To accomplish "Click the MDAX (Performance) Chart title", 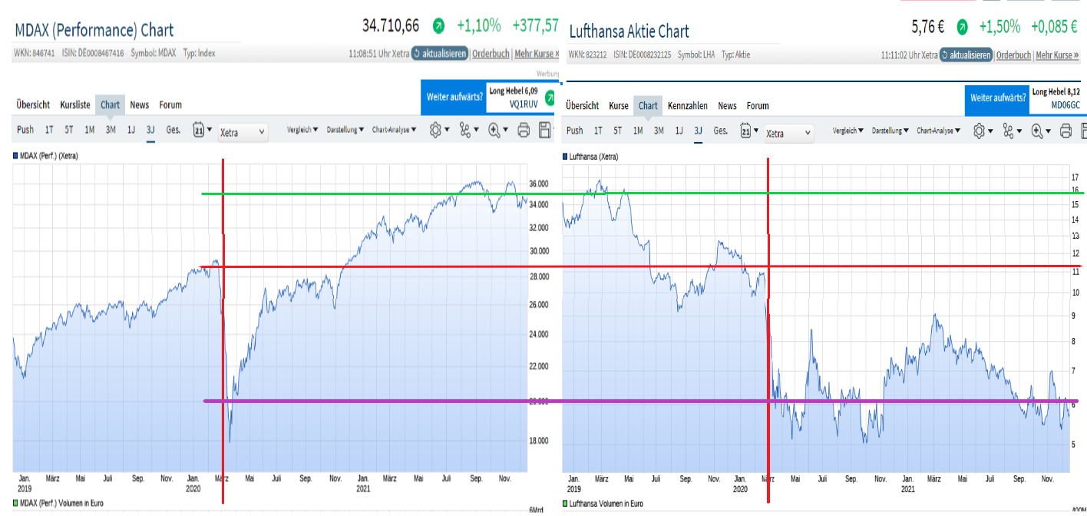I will pyautogui.click(x=94, y=31).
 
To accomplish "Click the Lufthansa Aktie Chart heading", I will pyautogui.click(x=629, y=31).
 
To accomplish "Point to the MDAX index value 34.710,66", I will pyautogui.click(x=391, y=26).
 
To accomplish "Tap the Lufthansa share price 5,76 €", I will pyautogui.click(x=927, y=27).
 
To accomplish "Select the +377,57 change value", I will pyautogui.click(x=537, y=26).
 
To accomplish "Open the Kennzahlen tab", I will pyautogui.click(x=688, y=106).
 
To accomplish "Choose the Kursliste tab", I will pyautogui.click(x=75, y=105).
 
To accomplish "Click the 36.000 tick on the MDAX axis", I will pyautogui.click(x=539, y=184).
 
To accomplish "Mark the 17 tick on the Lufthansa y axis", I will pyautogui.click(x=1075, y=177).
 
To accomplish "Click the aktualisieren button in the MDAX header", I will pyautogui.click(x=440, y=55).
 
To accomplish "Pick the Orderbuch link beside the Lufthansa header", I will pyautogui.click(x=1013, y=55).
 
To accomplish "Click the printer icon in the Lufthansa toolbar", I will pyautogui.click(x=1066, y=131).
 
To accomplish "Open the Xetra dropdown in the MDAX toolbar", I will pyautogui.click(x=243, y=132).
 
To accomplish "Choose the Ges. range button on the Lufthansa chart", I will pyautogui.click(x=721, y=131).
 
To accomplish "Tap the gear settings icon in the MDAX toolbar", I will pyautogui.click(x=435, y=130).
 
